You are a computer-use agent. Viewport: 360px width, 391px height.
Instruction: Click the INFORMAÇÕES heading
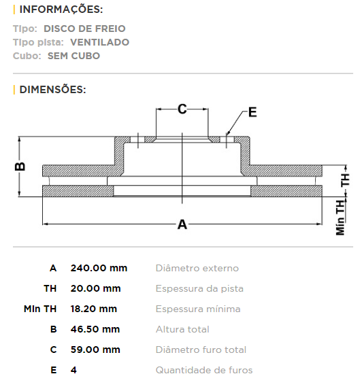[x=61, y=10]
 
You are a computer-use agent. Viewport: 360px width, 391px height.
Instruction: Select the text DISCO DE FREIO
[x=84, y=29]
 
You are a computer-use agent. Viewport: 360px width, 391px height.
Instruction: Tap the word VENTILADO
[x=100, y=42]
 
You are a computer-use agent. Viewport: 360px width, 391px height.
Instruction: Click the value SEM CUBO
[x=74, y=56]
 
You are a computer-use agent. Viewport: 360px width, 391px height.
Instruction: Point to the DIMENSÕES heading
[x=52, y=90]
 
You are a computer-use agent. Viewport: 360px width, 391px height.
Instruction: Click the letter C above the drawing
[x=182, y=109]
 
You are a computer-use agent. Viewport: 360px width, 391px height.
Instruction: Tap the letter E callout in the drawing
[x=252, y=112]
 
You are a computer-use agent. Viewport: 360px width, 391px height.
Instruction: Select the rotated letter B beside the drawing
[x=20, y=166]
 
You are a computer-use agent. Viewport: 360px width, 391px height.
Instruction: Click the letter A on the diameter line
[x=182, y=224]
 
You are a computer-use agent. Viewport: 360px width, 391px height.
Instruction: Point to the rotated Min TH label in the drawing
[x=340, y=218]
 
